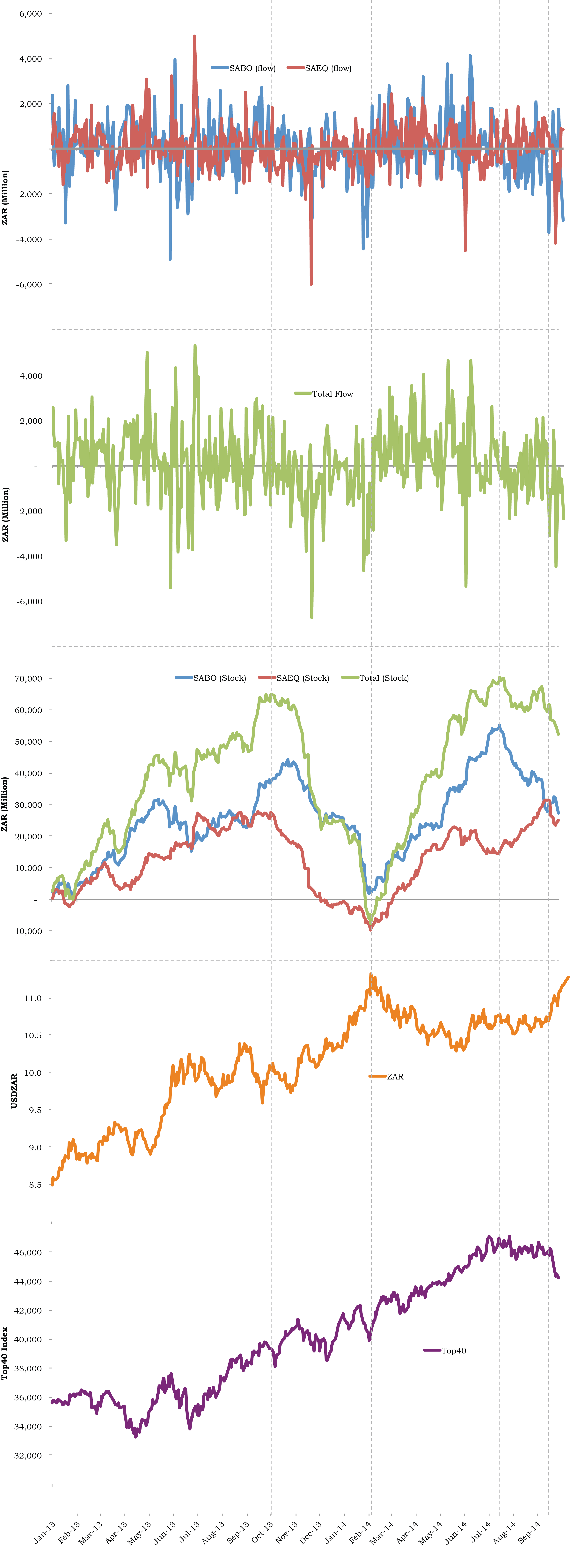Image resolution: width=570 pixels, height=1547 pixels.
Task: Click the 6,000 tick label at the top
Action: coord(31,13)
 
